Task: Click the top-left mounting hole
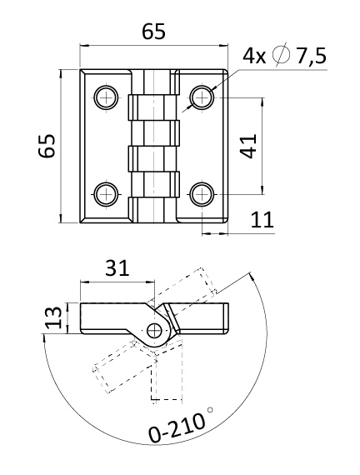click(106, 97)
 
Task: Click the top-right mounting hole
click(202, 97)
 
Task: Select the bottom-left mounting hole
click(106, 194)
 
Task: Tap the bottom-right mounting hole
click(202, 194)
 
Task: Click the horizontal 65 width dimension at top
click(154, 32)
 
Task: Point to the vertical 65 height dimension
click(47, 146)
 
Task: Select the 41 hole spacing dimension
click(248, 146)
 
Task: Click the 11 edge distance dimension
click(262, 220)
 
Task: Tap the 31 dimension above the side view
click(117, 267)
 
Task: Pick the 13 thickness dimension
click(53, 317)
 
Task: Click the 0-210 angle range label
click(177, 427)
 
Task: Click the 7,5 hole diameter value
click(311, 56)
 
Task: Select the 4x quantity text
click(254, 56)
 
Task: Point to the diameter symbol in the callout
click(281, 56)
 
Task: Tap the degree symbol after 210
click(210, 410)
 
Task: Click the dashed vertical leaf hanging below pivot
click(167, 371)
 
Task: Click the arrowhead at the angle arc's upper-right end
click(251, 275)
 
